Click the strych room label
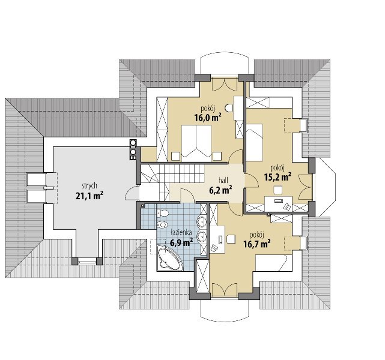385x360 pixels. (89, 186)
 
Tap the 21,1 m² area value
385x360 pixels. (89, 196)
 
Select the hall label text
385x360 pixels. (223, 180)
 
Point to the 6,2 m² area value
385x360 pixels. (221, 190)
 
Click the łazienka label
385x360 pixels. (181, 232)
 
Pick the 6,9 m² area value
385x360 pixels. (181, 242)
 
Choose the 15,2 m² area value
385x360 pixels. (277, 177)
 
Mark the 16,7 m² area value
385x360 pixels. (257, 244)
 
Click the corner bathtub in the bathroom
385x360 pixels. (169, 259)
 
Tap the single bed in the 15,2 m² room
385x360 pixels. (255, 142)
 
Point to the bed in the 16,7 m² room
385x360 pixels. (271, 263)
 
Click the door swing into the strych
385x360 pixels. (132, 193)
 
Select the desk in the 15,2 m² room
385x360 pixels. (279, 204)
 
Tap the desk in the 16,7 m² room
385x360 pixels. (217, 239)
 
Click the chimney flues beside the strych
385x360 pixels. (133, 149)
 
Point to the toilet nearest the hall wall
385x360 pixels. (162, 213)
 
